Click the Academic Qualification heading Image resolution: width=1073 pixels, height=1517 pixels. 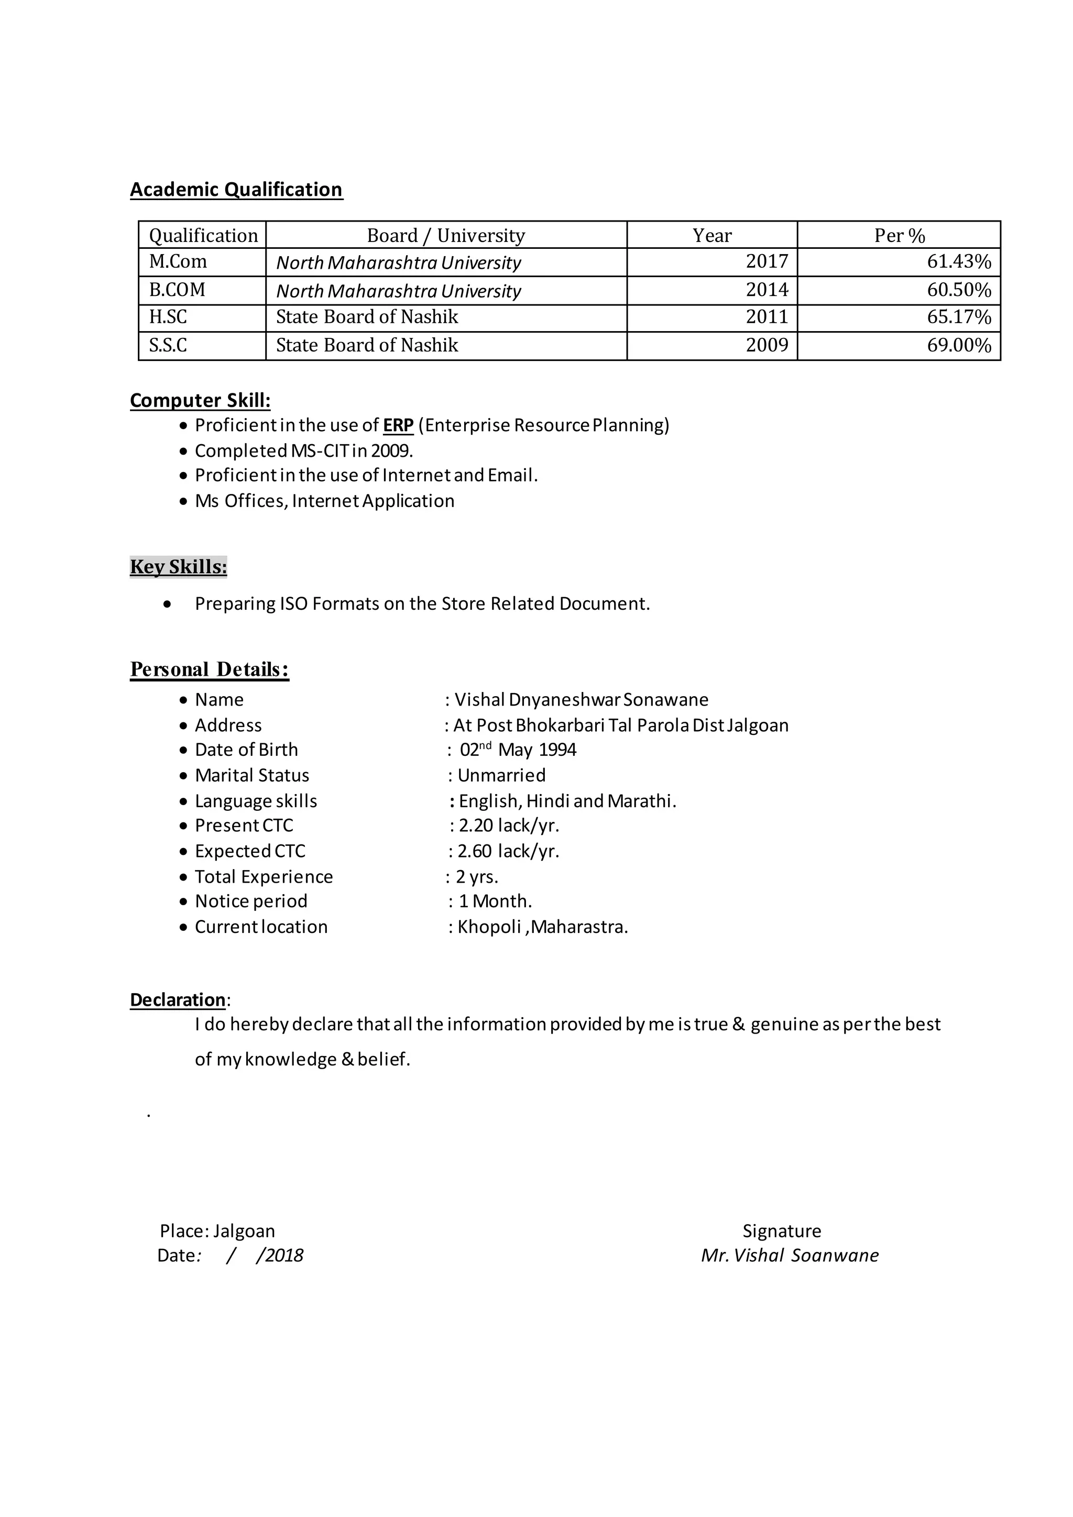(236, 190)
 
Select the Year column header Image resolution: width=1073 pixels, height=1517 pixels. (711, 235)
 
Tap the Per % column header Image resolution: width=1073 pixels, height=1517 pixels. (899, 235)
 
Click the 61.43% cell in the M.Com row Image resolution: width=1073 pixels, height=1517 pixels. (958, 261)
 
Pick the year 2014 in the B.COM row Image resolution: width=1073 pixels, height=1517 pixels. (767, 290)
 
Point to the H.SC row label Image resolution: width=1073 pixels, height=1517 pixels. (168, 317)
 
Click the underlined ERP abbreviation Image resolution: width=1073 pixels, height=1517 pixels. (398, 425)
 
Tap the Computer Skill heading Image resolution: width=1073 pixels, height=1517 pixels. (200, 400)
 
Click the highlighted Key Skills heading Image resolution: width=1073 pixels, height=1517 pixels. (178, 567)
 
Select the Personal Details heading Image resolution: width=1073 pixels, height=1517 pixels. (209, 669)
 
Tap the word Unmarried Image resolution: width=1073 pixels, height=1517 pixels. (501, 776)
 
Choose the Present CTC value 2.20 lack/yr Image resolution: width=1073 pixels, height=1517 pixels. (508, 826)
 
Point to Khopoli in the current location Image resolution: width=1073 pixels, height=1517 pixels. (489, 927)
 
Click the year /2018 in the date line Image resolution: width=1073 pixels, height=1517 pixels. (279, 1256)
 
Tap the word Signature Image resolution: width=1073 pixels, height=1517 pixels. (781, 1231)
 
